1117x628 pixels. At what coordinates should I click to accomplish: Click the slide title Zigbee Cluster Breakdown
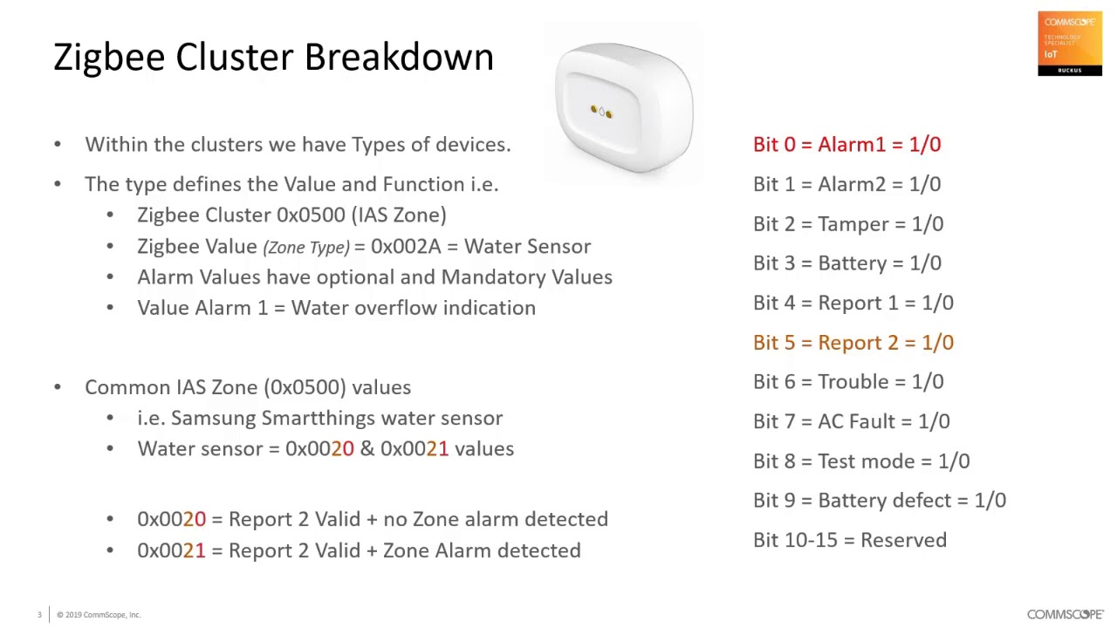click(x=273, y=58)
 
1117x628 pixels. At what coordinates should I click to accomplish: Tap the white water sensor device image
click(x=623, y=107)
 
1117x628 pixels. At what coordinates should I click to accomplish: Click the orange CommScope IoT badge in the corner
click(x=1070, y=44)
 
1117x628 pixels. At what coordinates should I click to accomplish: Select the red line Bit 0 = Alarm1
click(x=846, y=145)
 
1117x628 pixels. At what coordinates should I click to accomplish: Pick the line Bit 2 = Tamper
click(x=847, y=224)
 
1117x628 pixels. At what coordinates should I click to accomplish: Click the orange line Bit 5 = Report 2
click(x=853, y=343)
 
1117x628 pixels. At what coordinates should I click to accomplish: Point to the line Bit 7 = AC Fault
click(x=851, y=422)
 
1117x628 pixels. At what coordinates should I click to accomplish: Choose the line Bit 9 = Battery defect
click(x=879, y=501)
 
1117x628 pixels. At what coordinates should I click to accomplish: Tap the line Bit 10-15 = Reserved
click(x=849, y=541)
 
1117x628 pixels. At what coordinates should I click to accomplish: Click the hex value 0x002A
click(x=405, y=247)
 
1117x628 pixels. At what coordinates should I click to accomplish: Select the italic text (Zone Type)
click(x=305, y=248)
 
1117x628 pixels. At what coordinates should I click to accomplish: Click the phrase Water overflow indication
click(x=413, y=308)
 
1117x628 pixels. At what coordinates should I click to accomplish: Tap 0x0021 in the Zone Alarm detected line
click(x=171, y=551)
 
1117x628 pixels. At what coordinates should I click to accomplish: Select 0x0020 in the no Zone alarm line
click(x=171, y=520)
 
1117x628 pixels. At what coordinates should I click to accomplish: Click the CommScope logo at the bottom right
click(x=1065, y=615)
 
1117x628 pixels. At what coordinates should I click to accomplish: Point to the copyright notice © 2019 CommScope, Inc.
click(x=99, y=615)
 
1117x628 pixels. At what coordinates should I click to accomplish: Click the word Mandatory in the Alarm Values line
click(x=486, y=277)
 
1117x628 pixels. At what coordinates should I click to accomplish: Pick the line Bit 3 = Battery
click(x=846, y=263)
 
